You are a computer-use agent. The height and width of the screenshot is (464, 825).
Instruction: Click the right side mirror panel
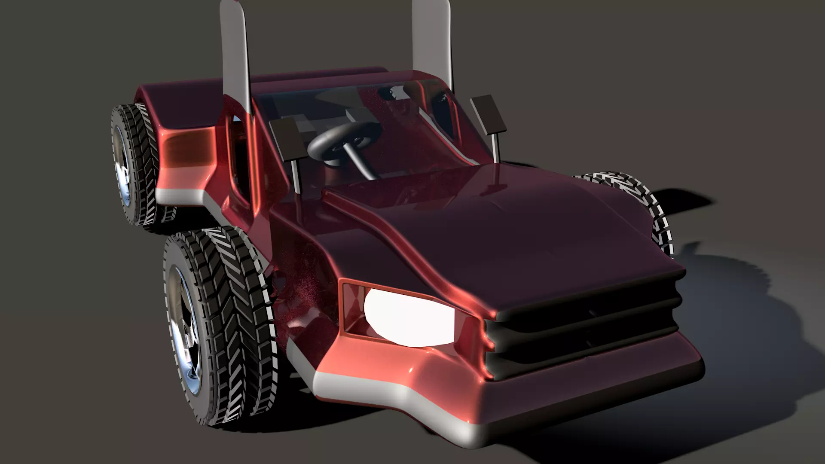click(x=488, y=113)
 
